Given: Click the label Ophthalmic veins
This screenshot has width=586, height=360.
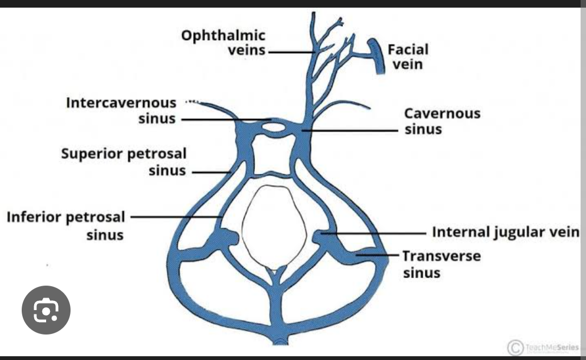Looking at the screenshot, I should coord(224,43).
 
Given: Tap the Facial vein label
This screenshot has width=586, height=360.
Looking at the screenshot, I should coord(408,56).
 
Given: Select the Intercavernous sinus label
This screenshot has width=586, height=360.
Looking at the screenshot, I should coord(122,110).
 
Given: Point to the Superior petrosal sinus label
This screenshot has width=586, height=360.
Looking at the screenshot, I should coord(124,162).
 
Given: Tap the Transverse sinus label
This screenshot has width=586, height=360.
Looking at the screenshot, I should coord(441,263).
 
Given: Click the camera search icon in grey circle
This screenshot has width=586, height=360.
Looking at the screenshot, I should coord(46,310).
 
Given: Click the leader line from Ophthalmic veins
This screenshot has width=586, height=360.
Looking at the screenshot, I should coord(291,52).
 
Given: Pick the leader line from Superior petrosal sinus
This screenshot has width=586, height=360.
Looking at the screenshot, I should coord(212,172).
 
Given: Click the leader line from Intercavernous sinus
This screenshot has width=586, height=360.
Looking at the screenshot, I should coord(225,119).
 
